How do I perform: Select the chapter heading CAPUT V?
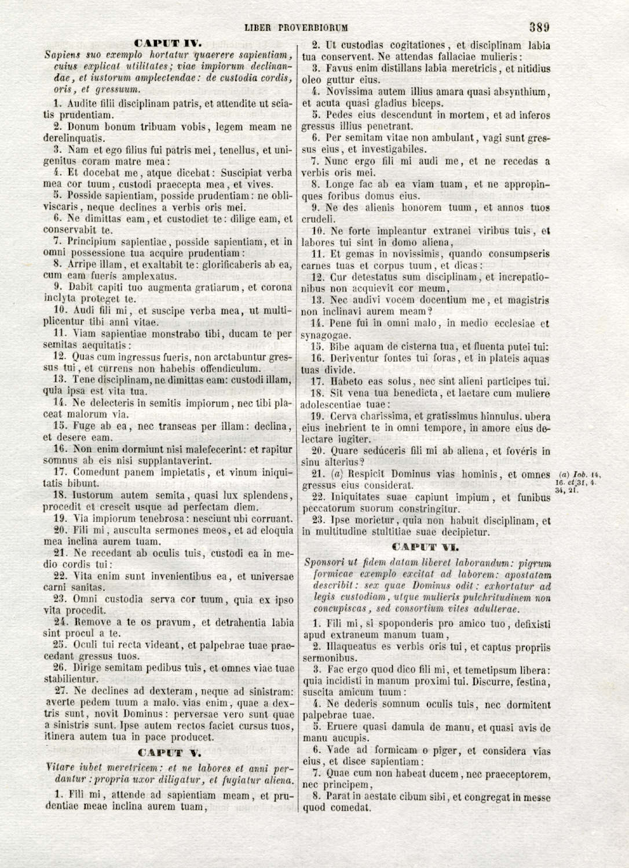click(168, 753)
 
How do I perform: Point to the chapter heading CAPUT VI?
click(425, 547)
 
